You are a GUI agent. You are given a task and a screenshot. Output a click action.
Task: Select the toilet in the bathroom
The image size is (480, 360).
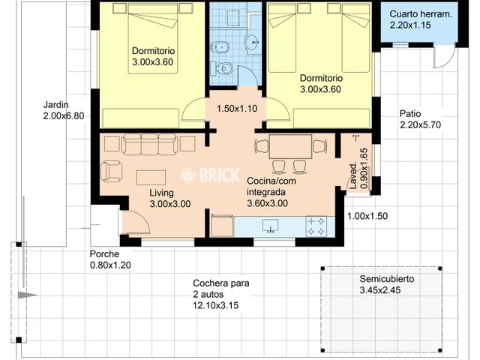click(223, 69)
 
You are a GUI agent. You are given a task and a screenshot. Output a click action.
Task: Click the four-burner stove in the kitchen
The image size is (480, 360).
click(316, 225)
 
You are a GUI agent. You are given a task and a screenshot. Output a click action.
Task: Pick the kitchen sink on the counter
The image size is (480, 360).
click(270, 225)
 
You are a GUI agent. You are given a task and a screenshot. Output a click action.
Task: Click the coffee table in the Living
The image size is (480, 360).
click(151, 177)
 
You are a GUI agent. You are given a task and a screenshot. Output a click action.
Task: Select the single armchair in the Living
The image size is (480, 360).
click(112, 171)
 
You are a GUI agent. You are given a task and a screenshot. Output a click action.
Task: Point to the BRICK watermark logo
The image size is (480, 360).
click(210, 175)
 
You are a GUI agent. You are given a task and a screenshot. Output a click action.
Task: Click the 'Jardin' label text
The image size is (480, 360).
click(55, 105)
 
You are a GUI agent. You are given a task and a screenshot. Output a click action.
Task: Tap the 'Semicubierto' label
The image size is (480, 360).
click(386, 278)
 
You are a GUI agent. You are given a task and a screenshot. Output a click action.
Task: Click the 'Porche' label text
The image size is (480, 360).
click(105, 253)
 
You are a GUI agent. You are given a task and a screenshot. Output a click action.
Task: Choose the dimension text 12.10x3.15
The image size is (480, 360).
click(218, 306)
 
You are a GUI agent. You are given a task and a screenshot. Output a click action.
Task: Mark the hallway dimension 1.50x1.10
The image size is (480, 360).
click(237, 109)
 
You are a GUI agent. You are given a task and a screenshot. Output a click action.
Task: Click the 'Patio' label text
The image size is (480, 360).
click(410, 112)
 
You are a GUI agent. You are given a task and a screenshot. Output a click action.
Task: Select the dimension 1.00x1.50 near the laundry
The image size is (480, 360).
click(367, 216)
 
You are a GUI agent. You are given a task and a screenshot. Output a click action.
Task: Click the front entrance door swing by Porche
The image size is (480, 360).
click(136, 222)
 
